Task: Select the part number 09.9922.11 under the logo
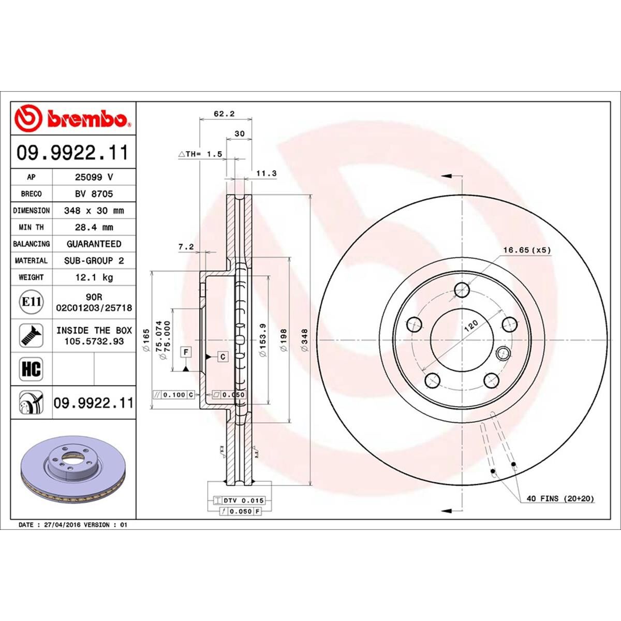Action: pos(72,153)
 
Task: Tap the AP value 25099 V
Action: pos(94,177)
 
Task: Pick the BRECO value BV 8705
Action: pos(94,194)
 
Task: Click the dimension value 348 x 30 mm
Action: pos(94,211)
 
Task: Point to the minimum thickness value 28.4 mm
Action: pos(94,227)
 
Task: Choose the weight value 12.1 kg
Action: pos(94,277)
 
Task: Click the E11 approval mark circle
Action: pos(32,302)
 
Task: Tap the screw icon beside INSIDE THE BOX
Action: pos(32,336)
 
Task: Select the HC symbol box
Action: pos(32,369)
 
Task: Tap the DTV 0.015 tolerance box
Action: pos(239,500)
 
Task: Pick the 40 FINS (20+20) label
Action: pos(560,498)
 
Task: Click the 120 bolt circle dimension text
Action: pos(471,326)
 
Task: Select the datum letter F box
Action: pos(185,352)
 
